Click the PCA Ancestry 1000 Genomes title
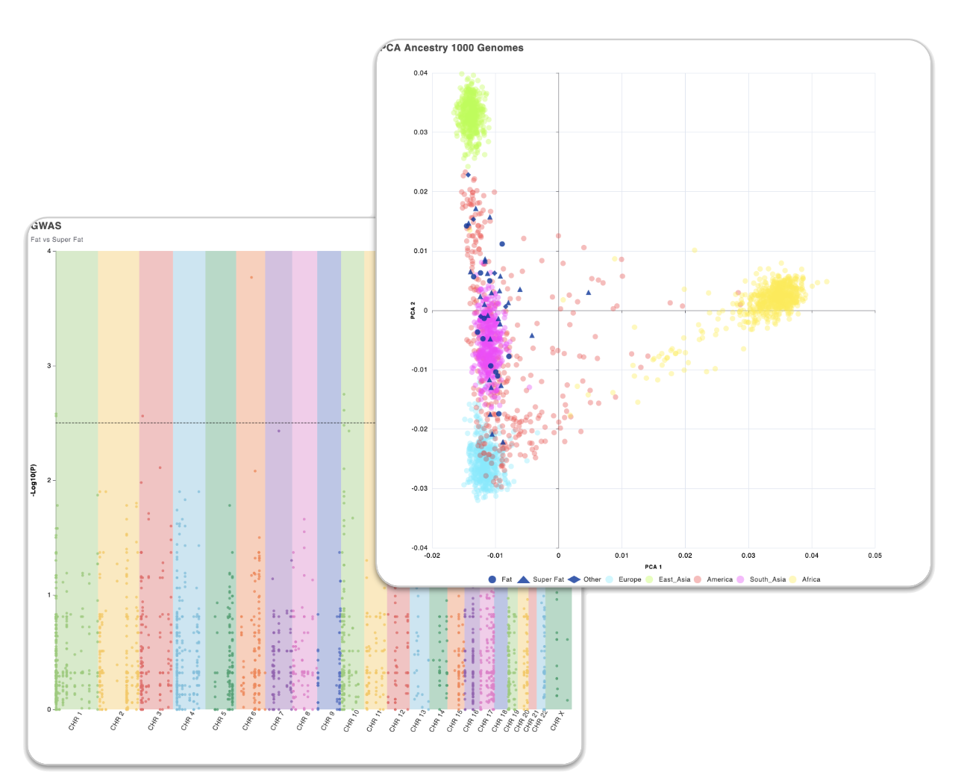pos(453,48)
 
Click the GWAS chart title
pos(46,225)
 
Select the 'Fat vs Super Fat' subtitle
pos(57,240)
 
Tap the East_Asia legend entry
pos(674,579)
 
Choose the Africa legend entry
pos(810,579)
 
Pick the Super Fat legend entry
pos(548,579)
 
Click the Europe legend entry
pos(629,579)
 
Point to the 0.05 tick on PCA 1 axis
pos(874,556)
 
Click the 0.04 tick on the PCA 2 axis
pos(421,73)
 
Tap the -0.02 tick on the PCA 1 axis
pos(432,556)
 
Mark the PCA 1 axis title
pos(653,567)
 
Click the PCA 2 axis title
pos(413,310)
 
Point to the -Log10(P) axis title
pos(34,480)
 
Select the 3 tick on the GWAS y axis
pos(49,366)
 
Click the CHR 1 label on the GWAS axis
pos(75,721)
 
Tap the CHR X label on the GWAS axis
pos(557,721)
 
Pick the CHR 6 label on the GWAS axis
pos(249,721)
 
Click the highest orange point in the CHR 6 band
pos(251,277)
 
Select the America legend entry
pos(719,579)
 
